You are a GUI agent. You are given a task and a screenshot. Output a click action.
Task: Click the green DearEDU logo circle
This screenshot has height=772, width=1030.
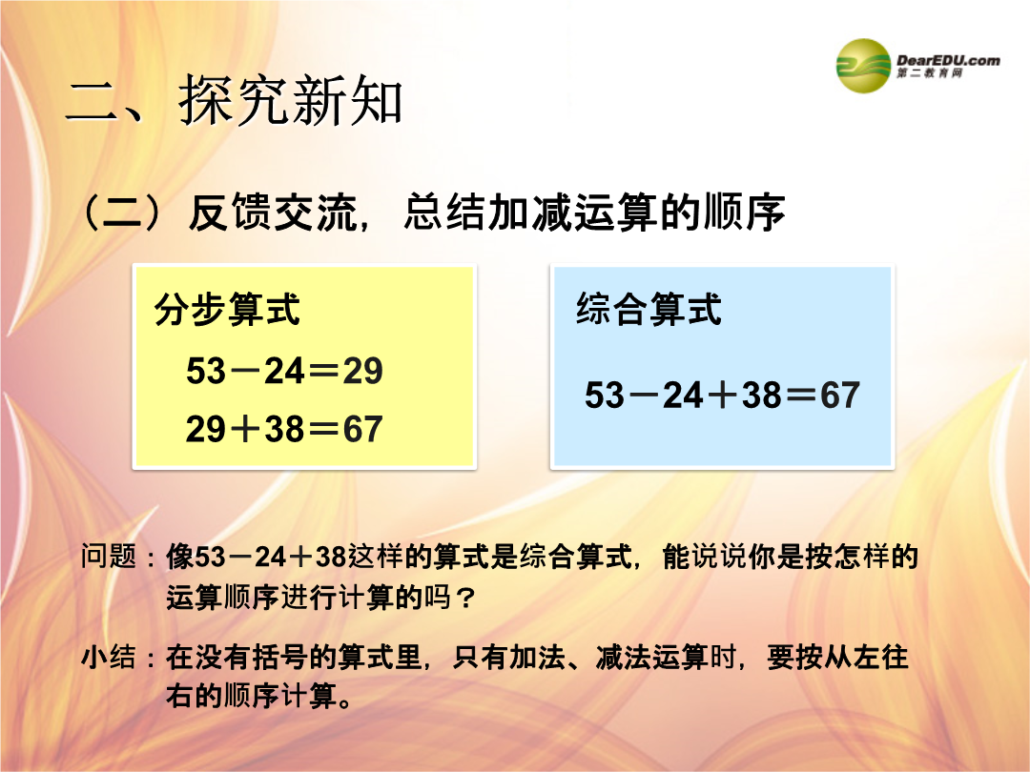(863, 66)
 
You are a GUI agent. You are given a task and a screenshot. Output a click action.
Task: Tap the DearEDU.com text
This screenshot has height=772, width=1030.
(948, 60)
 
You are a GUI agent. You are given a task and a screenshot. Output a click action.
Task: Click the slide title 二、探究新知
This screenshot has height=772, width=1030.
(234, 100)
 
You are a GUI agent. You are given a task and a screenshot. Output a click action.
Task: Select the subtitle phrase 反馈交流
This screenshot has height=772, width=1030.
(274, 213)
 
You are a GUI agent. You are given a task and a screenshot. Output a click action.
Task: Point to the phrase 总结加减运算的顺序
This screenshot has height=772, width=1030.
(594, 213)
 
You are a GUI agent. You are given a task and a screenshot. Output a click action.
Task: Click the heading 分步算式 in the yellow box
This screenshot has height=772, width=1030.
(227, 309)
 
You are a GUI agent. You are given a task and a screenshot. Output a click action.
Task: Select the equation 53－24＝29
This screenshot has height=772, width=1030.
(284, 371)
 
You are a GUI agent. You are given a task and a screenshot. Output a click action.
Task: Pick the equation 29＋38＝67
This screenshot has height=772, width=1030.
(284, 429)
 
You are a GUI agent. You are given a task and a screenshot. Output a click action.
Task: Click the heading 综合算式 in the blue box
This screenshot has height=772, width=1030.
(649, 309)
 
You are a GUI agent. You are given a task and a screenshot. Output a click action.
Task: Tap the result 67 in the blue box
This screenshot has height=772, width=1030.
(840, 396)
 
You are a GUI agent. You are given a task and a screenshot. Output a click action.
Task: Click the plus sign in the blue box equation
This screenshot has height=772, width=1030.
(723, 396)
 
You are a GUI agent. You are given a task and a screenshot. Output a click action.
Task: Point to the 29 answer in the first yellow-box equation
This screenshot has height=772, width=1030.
(362, 371)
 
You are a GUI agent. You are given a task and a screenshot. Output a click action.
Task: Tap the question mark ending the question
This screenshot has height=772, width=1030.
(465, 598)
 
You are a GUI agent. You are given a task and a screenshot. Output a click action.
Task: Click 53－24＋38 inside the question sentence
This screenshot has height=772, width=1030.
(271, 558)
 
